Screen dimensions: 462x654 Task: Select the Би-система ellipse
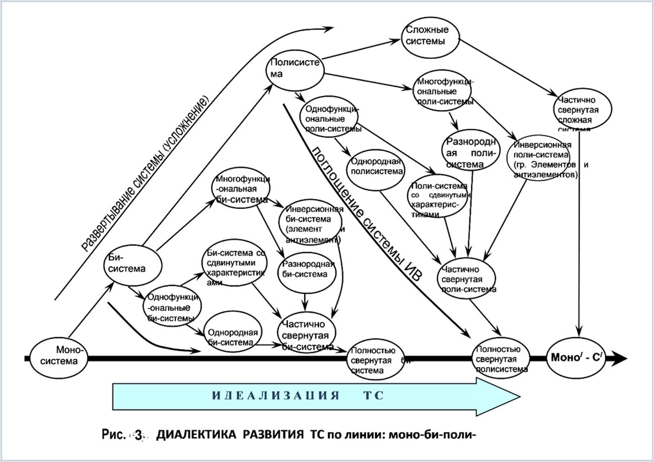click(133, 264)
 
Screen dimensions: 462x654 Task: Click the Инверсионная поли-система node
click(542, 158)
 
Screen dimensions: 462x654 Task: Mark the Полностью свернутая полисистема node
click(501, 359)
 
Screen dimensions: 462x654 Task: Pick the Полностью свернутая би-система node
click(375, 360)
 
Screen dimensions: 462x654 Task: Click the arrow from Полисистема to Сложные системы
click(361, 49)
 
